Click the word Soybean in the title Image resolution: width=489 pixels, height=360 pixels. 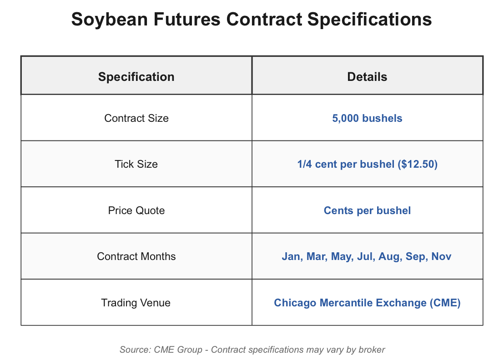point(109,20)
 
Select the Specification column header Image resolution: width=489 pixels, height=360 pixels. point(136,77)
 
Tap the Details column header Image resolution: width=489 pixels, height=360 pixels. point(367,77)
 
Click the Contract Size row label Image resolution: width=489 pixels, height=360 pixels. point(136,118)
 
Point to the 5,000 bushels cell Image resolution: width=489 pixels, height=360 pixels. point(367,119)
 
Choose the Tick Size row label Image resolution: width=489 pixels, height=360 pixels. point(136,164)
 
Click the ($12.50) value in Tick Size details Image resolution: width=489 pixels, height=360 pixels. point(418,164)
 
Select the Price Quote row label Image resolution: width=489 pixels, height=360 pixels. point(136,210)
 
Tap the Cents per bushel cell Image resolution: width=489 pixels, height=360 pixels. point(367,210)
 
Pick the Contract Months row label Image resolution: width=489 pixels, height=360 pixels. point(136,256)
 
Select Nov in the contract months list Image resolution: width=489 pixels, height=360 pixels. point(441,256)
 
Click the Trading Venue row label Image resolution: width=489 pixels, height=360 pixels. point(136,303)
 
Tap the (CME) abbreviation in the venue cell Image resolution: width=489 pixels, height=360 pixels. point(445,303)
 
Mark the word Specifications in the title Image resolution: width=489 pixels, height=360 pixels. point(369,20)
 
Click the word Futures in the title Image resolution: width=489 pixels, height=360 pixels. point(187,19)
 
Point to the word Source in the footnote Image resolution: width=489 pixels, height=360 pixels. point(136,350)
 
